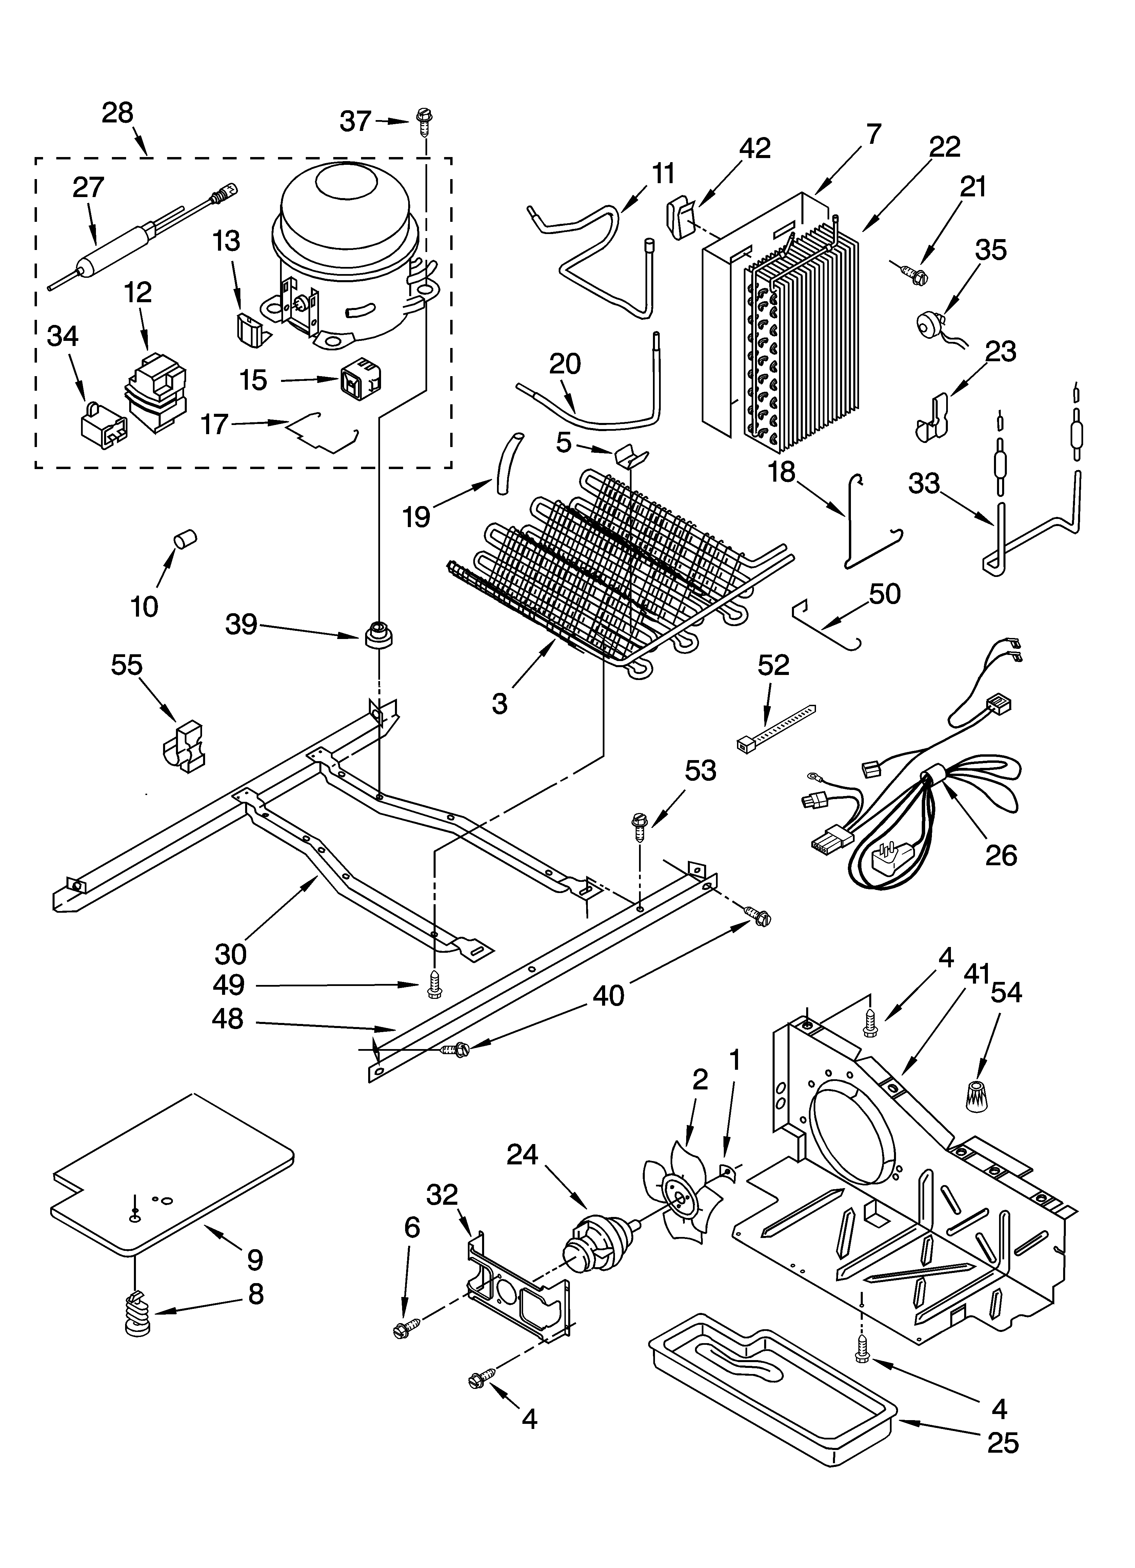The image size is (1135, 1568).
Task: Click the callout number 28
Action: [118, 113]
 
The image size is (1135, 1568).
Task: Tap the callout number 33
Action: [924, 483]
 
